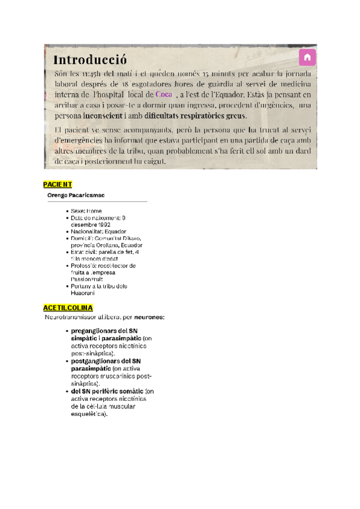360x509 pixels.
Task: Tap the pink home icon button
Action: [x=307, y=57]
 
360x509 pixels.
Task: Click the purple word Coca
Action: [x=164, y=94]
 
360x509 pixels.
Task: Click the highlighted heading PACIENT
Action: [x=58, y=184]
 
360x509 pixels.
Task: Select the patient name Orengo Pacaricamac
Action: [x=76, y=196]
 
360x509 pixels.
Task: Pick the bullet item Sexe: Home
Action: [x=86, y=211]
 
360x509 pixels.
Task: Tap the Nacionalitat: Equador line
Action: [x=98, y=231]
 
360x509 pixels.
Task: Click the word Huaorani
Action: [x=83, y=293]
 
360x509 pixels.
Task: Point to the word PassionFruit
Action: [x=88, y=279]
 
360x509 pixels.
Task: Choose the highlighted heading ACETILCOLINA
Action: [x=68, y=307]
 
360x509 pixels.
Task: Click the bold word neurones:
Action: [x=149, y=316]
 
